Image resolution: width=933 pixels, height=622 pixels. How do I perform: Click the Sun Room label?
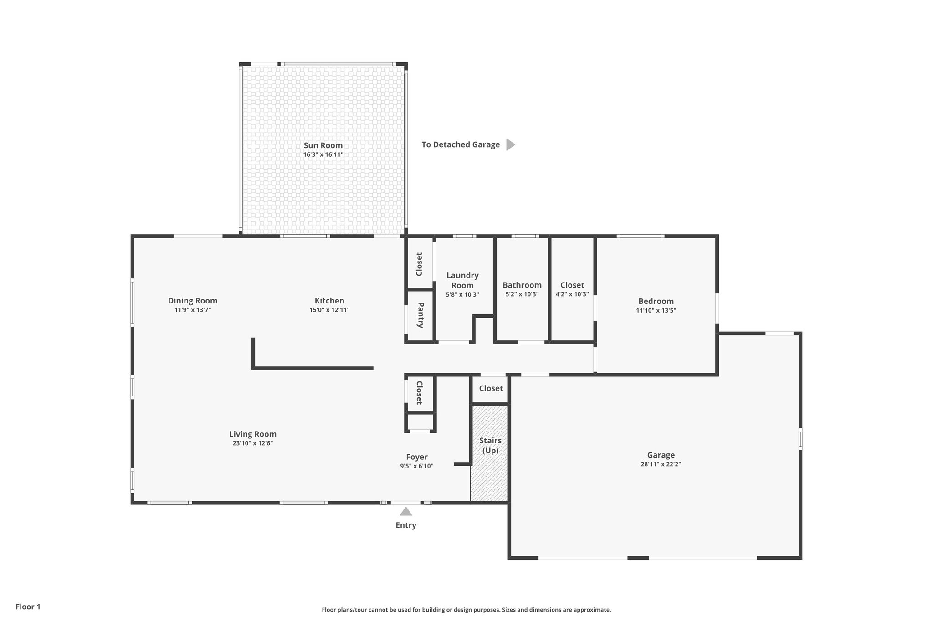pos(323,145)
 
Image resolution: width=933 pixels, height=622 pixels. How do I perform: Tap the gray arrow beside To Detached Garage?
pos(510,144)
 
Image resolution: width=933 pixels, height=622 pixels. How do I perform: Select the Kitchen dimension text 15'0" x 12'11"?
pos(329,310)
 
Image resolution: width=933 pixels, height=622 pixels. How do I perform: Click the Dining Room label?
pos(193,301)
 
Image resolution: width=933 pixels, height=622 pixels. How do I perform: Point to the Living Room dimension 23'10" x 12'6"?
pos(252,443)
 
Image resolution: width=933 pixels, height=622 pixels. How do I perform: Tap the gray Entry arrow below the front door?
pos(406,512)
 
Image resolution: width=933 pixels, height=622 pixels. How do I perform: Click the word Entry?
pos(406,525)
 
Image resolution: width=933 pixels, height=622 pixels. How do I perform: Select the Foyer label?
pos(417,457)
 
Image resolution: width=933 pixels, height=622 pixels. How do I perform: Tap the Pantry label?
pos(420,315)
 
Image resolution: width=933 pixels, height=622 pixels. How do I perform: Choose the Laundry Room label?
pos(462,280)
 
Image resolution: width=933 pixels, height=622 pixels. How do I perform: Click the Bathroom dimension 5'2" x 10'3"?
pos(522,294)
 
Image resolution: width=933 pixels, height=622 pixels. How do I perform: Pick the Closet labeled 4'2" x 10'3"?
pos(572,285)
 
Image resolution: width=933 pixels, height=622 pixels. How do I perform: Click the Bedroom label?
pos(656,301)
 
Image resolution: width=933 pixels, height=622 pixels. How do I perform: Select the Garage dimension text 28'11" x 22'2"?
pos(661,464)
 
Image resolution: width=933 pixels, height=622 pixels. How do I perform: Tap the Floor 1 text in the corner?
pos(28,607)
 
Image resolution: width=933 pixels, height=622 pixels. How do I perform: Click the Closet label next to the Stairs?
pos(491,388)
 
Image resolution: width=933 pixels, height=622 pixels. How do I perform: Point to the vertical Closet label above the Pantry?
pos(419,264)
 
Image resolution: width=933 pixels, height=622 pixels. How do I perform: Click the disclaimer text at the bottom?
pos(466,610)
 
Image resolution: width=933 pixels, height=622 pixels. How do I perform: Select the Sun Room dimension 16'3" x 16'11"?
pos(323,154)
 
